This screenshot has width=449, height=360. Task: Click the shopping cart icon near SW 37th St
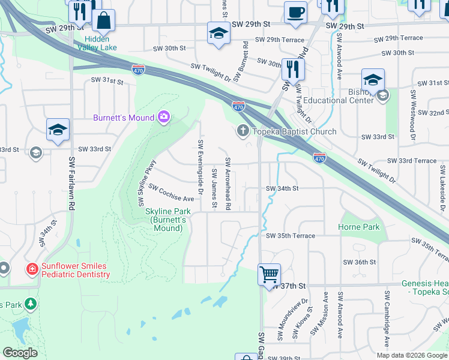click(x=269, y=274)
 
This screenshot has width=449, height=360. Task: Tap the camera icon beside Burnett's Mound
click(x=163, y=118)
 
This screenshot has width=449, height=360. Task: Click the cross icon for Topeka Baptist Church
click(x=243, y=131)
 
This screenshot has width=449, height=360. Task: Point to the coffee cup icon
click(x=295, y=13)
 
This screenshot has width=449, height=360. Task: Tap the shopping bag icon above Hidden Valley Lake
click(x=104, y=20)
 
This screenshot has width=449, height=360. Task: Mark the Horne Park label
click(x=359, y=227)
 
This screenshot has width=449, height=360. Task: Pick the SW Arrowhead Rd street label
click(x=228, y=184)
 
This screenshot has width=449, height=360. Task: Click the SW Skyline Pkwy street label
click(x=148, y=175)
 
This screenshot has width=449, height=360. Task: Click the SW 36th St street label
click(x=359, y=262)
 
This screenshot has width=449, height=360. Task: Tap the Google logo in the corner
click(x=20, y=353)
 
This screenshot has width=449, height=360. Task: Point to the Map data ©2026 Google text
click(x=411, y=355)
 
